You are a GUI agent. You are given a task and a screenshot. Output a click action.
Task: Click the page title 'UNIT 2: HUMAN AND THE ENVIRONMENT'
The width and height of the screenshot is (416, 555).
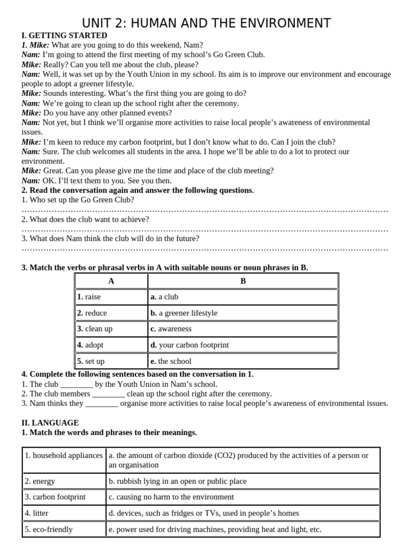pyautogui.click(x=206, y=23)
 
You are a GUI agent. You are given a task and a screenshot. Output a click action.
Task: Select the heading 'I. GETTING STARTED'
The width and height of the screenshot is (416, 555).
pyautogui.click(x=64, y=36)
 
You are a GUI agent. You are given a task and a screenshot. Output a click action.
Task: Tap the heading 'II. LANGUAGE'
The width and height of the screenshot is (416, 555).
pyautogui.click(x=50, y=423)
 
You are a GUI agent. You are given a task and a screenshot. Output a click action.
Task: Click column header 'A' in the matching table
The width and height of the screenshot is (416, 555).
pyautogui.click(x=111, y=281)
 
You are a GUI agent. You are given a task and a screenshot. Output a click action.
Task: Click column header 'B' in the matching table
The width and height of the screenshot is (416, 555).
pyautogui.click(x=243, y=281)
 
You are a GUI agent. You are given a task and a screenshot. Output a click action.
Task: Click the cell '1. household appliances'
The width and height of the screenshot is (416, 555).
pyautogui.click(x=63, y=455)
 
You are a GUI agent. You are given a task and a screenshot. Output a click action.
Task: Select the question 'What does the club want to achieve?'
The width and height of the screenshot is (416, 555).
pyautogui.click(x=85, y=220)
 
